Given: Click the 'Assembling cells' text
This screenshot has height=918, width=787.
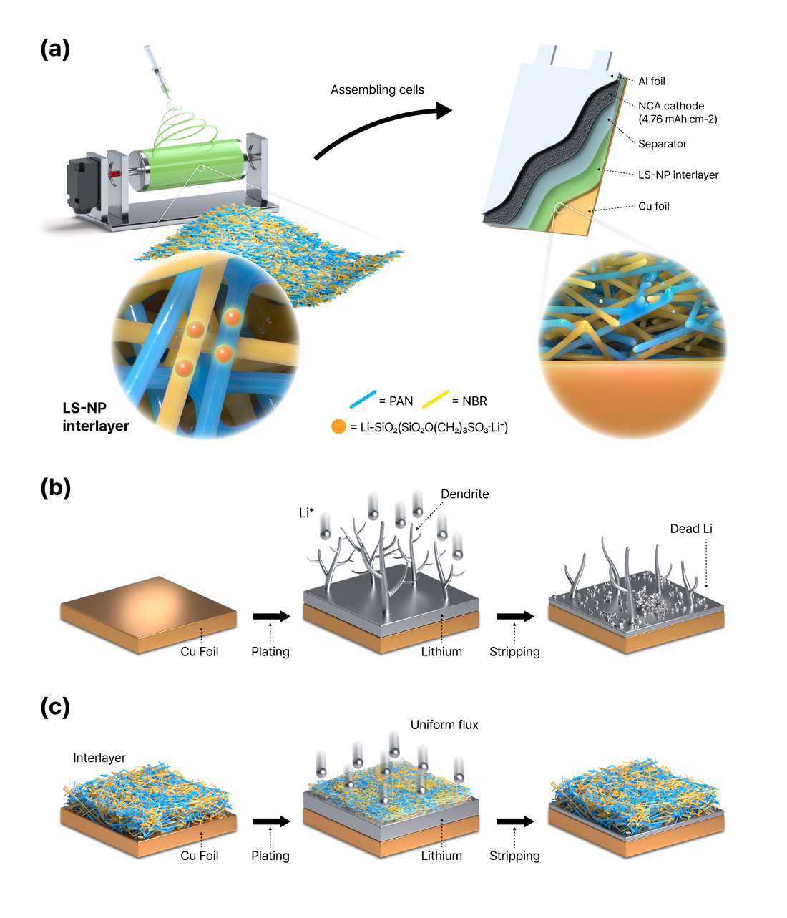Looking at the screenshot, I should tap(377, 90).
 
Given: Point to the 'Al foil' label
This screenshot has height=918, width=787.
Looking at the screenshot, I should tap(652, 82).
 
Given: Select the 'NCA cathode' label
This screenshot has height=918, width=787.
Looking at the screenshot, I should tap(671, 106).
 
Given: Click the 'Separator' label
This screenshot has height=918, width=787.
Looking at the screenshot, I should tap(663, 144).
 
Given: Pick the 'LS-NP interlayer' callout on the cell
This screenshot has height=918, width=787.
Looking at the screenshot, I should tap(678, 175).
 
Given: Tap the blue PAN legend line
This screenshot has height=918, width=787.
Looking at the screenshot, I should tap(363, 399).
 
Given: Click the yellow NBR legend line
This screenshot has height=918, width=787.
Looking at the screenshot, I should tap(436, 399).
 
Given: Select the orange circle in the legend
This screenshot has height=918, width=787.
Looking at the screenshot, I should tap(338, 427).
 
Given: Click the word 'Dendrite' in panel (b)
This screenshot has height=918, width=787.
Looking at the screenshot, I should tap(465, 494).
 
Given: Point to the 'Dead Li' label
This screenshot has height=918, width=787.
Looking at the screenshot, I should tap(691, 529).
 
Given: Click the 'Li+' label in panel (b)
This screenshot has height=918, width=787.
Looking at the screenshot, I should tap(306, 512).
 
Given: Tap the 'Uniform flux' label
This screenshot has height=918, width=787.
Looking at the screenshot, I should tap(444, 725).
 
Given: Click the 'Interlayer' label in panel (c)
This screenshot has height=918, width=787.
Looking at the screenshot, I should tap(99, 758).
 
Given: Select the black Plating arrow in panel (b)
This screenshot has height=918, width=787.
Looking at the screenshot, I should tap(271, 616).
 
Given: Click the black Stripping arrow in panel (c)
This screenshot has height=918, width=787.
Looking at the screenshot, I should tap(515, 821).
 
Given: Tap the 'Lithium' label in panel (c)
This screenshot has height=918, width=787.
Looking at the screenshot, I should tap(441, 856).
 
